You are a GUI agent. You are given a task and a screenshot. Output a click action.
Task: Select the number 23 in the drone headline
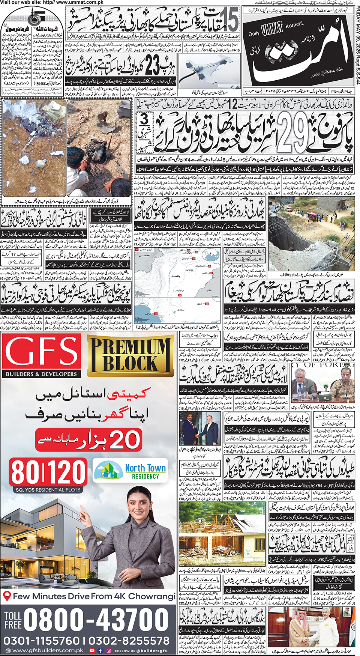tap(152, 66)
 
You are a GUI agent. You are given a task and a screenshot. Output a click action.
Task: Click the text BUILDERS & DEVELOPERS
tap(41, 374)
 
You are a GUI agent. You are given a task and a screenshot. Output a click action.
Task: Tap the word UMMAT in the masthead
tap(272, 29)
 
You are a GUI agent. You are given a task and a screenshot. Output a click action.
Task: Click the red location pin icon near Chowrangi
tap(6, 596)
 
